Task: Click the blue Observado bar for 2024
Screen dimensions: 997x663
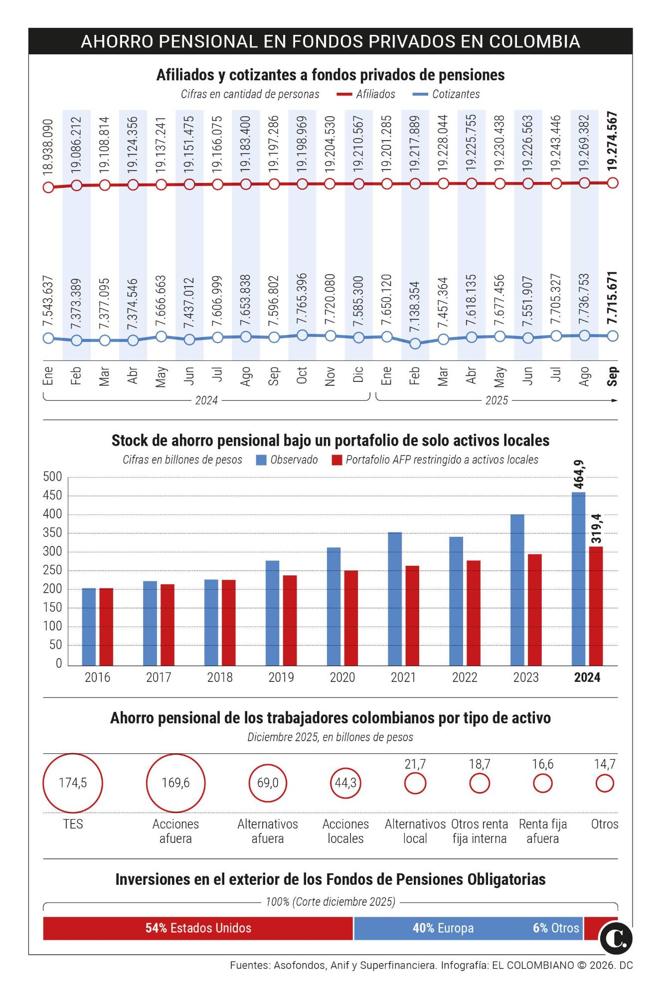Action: point(578,578)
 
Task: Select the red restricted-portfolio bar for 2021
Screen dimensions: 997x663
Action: point(412,615)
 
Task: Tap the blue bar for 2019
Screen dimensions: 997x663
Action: point(272,613)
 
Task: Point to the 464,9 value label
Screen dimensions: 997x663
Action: point(579,475)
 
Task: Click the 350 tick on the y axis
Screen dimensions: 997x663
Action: point(52,533)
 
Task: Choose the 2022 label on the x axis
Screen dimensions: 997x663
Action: point(465,677)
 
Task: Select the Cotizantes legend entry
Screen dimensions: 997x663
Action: point(455,94)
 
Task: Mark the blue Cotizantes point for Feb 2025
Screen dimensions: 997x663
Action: point(415,343)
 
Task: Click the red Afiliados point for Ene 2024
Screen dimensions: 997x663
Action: point(48,187)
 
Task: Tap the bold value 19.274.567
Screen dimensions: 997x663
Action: point(613,142)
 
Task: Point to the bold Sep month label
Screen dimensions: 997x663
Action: point(613,376)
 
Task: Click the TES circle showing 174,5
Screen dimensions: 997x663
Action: point(73,783)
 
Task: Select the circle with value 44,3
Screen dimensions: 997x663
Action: point(345,783)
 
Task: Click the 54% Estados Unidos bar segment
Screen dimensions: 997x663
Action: point(198,928)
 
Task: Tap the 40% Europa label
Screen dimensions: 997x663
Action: point(443,928)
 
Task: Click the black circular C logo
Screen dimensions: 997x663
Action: point(616,939)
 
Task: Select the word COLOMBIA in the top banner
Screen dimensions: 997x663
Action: point(534,41)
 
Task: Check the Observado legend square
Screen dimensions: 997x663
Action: point(261,460)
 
